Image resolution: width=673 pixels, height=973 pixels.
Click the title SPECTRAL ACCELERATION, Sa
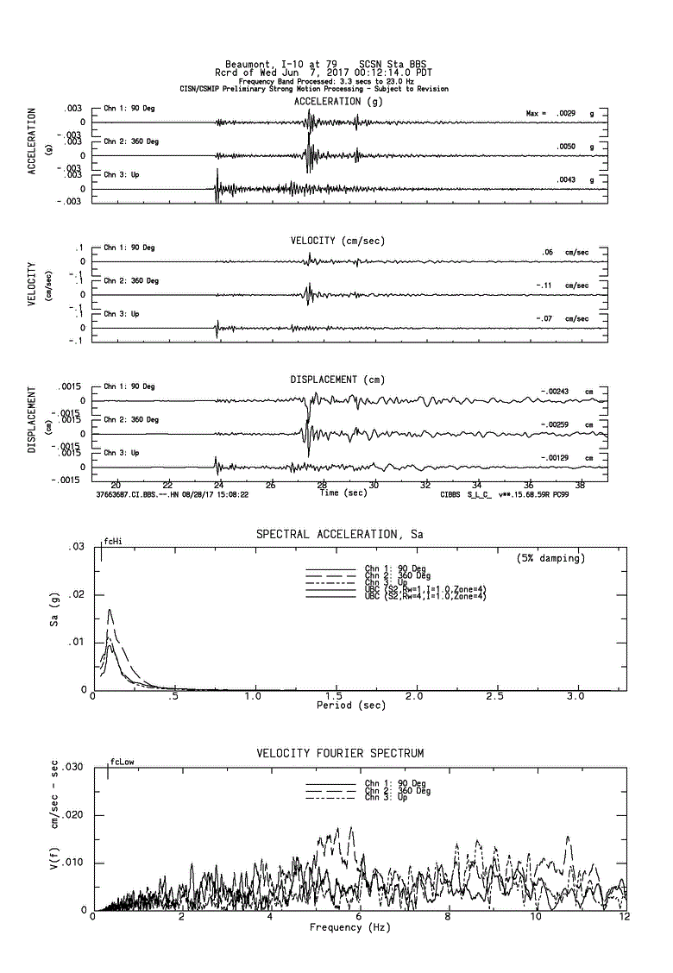click(x=339, y=535)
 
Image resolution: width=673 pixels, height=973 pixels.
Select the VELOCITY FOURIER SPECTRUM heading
click(x=339, y=753)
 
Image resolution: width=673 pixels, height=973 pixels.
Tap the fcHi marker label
click(x=113, y=542)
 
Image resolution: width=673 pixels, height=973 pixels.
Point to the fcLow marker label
click(x=122, y=762)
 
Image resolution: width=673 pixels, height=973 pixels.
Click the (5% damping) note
click(x=550, y=558)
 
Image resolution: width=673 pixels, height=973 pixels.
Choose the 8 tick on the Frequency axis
click(x=447, y=916)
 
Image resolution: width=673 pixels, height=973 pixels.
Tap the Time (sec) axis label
click(x=343, y=493)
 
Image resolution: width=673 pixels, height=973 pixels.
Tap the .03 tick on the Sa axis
click(x=78, y=547)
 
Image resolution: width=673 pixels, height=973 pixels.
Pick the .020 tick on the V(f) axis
click(x=74, y=815)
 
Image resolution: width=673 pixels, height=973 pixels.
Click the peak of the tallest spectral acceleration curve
click(x=110, y=610)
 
